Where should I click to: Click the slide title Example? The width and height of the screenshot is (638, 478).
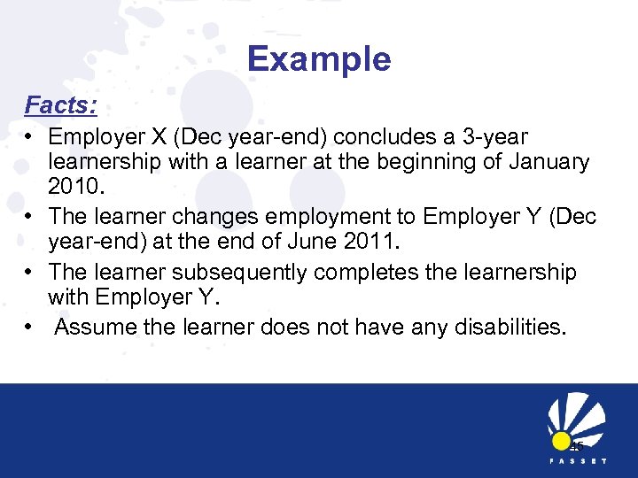319,59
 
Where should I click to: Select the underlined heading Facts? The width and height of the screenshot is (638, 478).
60,105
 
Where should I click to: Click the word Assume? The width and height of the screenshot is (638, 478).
101,328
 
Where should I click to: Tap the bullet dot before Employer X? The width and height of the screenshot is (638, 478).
30,138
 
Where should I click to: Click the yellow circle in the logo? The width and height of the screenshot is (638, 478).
560,441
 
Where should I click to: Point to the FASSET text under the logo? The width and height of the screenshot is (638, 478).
577,462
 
